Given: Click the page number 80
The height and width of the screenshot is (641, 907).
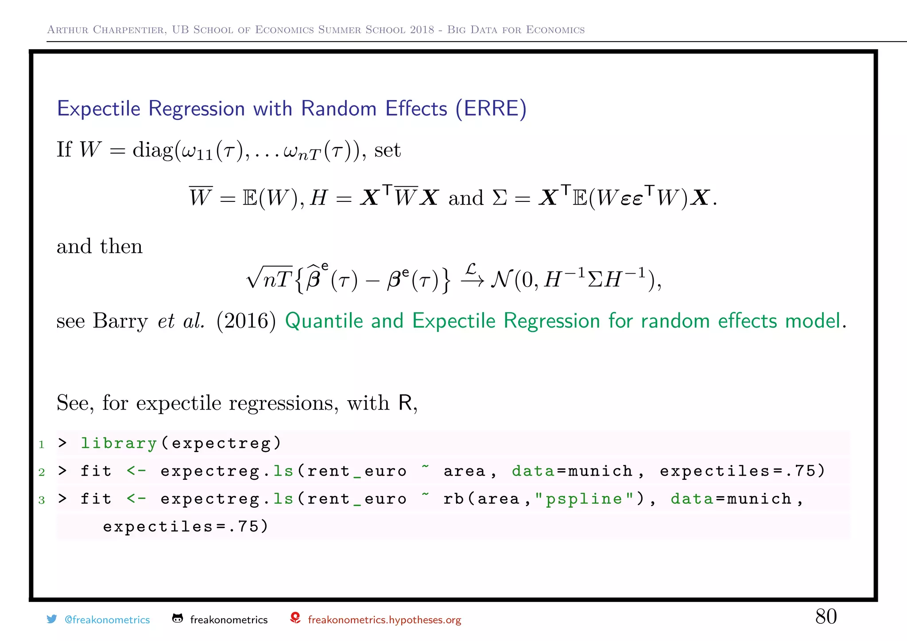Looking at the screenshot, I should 826,616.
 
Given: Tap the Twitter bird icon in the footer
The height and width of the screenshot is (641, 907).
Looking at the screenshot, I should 52,619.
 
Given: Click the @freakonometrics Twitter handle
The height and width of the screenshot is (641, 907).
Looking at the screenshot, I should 107,620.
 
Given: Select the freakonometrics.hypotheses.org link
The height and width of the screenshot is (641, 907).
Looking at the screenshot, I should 384,620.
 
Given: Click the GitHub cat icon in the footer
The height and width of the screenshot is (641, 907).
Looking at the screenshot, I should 178,618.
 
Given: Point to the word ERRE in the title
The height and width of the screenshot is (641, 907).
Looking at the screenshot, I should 491,109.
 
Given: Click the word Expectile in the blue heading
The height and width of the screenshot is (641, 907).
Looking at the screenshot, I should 99,109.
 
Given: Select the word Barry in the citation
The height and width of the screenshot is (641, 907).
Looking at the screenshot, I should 120,320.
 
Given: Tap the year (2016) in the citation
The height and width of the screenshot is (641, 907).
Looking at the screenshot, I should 246,320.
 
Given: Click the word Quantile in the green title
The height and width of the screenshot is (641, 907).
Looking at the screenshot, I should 324,320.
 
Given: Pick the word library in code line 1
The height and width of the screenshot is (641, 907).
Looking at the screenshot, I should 119,443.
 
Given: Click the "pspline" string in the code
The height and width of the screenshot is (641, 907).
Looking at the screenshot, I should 584,499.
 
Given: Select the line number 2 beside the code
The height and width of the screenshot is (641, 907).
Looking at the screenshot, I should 42,472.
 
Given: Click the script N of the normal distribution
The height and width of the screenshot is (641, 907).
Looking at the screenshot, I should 501,279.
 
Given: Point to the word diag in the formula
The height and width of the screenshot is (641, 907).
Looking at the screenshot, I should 152,150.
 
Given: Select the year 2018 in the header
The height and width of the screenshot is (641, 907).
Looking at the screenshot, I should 422,30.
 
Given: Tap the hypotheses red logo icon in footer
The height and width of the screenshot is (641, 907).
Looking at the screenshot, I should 295,618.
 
